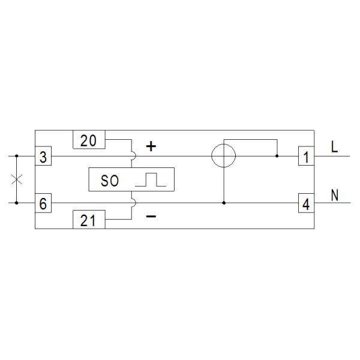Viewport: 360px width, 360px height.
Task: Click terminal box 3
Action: coord(43,156)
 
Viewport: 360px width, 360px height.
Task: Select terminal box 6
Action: coord(43,203)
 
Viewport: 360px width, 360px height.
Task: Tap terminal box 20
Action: coord(89,140)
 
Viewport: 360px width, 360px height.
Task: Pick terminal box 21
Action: coord(89,219)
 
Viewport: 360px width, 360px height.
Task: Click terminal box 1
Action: coord(306,156)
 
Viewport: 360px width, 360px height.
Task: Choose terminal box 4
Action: coord(306,203)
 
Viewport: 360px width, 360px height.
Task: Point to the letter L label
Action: coord(335,147)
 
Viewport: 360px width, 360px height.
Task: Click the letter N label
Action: coord(335,195)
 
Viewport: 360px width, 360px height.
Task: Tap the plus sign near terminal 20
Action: coord(151,146)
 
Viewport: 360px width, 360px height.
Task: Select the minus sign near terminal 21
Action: coord(151,216)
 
